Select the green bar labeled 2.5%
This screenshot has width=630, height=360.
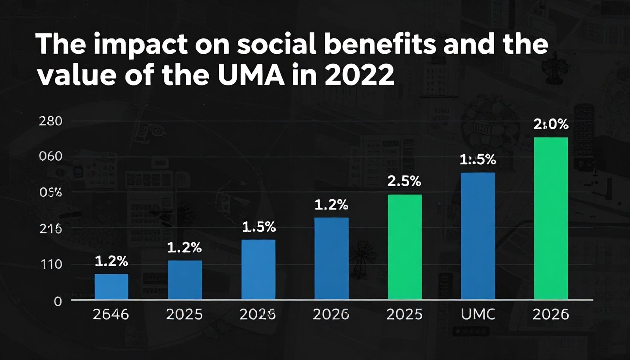[x=405, y=247]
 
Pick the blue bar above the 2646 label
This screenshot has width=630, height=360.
[x=111, y=287]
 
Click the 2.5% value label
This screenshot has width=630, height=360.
[x=404, y=181]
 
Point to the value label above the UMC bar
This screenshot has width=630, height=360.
[x=478, y=160]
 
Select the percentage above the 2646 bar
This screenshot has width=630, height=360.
[x=111, y=261]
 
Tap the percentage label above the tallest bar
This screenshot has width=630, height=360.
[x=551, y=124]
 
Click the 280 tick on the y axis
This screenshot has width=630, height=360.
[x=51, y=121]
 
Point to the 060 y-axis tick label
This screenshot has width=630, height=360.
[x=51, y=156]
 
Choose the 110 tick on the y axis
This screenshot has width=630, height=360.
[x=51, y=264]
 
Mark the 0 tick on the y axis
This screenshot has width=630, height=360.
[x=58, y=301]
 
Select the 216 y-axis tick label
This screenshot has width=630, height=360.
[x=51, y=229]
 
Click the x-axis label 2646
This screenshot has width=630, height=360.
[x=111, y=314]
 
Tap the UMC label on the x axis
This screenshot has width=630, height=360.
[x=478, y=314]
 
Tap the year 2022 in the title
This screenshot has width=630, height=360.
[x=359, y=75]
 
